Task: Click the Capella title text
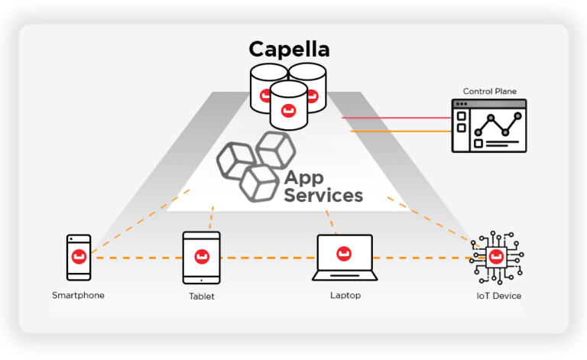[x=289, y=50]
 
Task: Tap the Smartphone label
[x=78, y=295]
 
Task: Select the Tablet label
[x=202, y=297]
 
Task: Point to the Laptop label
[x=345, y=295]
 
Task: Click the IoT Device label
[x=499, y=296]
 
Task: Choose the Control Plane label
[x=489, y=92]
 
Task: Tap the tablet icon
[x=202, y=258]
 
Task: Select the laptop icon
[x=344, y=258]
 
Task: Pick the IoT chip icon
[x=498, y=257]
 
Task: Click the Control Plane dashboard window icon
[x=490, y=126]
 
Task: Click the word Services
[x=323, y=196]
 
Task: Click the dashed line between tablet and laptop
[x=268, y=258]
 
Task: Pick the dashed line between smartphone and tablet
[x=138, y=258]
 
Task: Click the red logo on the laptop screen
[x=344, y=251]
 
